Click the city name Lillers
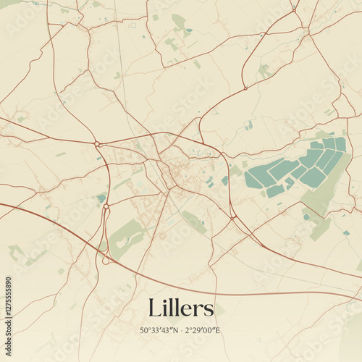181,308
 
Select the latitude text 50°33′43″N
164,330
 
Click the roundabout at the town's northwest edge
97,144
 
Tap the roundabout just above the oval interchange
106,206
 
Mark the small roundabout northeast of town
245,88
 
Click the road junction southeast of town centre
231,216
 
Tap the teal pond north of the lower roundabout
101,197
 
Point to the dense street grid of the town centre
172,174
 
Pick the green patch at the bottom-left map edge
16,253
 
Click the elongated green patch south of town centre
193,221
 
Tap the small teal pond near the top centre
188,32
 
